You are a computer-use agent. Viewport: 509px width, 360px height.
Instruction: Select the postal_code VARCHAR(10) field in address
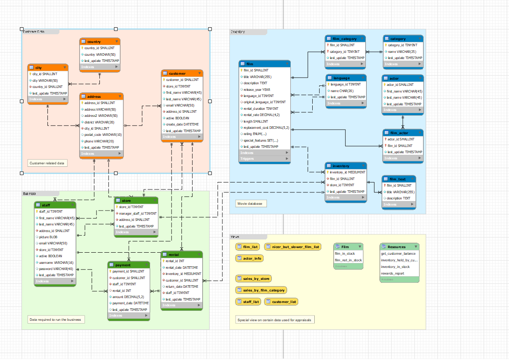pos(103,135)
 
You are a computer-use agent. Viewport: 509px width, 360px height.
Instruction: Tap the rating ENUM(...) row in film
pos(255,134)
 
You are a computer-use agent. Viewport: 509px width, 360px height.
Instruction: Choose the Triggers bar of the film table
pos(264,159)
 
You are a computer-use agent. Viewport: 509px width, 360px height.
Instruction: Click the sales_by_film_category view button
pos(261,290)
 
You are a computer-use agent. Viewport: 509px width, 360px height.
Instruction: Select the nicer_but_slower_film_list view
pos(292,247)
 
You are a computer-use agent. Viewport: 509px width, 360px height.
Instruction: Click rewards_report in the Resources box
pos(392,273)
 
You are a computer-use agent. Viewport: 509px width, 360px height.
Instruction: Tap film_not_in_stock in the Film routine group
pos(348,260)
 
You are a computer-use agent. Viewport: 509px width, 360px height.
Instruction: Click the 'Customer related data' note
pos(47,163)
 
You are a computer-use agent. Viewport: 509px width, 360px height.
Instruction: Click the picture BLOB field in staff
pos(48,237)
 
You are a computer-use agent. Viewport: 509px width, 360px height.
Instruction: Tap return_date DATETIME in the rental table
pos(181,287)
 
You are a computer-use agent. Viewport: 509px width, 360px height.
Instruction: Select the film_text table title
pos(397,179)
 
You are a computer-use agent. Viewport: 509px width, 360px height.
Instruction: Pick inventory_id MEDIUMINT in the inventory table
pos(347,172)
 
